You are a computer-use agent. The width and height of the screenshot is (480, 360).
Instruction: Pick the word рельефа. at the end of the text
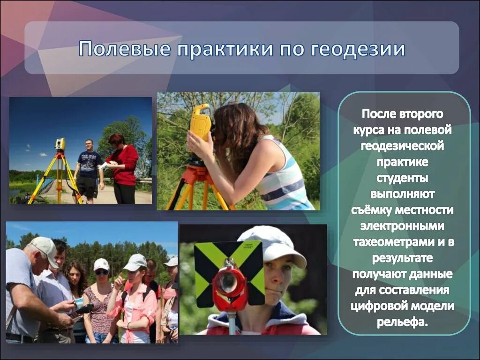coord(404,322)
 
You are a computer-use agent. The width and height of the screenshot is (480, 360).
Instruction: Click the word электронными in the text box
coord(404,226)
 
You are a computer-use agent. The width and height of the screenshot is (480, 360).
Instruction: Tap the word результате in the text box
coord(404,258)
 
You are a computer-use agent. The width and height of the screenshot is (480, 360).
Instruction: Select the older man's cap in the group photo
coord(45,247)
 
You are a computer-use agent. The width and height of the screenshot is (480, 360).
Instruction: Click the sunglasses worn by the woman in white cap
coord(101,272)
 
